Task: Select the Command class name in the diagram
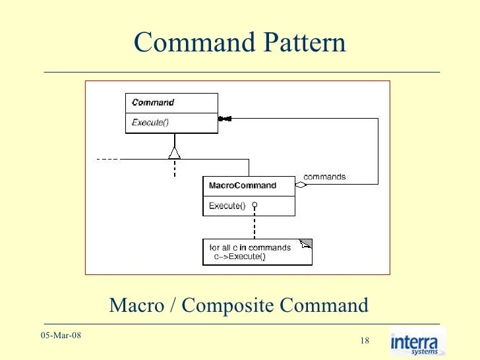(153, 103)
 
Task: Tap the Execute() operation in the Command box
(150, 123)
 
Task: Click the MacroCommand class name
(242, 186)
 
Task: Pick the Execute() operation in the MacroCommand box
(227, 206)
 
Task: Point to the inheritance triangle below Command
(174, 153)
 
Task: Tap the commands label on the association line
(324, 177)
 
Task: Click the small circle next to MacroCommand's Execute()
(255, 205)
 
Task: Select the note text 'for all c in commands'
(250, 248)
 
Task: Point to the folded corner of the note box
(305, 244)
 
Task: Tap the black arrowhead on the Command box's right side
(224, 119)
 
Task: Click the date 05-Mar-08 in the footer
(61, 336)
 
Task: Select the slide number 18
(365, 340)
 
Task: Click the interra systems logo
(417, 342)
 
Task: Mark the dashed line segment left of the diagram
(107, 159)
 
